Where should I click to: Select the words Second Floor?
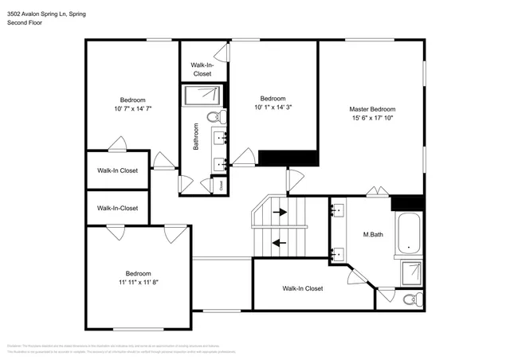pyautogui.click(x=25, y=22)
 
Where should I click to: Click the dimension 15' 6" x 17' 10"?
pyautogui.click(x=372, y=118)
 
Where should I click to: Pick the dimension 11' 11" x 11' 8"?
pyautogui.click(x=138, y=281)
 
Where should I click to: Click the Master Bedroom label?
pyautogui.click(x=372, y=109)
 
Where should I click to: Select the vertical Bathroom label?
pyautogui.click(x=195, y=136)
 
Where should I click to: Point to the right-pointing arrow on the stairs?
pyautogui.click(x=279, y=213)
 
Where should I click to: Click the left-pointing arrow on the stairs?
pyautogui.click(x=279, y=243)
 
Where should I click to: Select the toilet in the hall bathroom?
pyautogui.click(x=214, y=117)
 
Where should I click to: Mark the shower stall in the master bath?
pyautogui.click(x=412, y=273)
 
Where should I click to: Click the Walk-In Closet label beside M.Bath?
pyautogui.click(x=302, y=288)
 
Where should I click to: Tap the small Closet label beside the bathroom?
pyautogui.click(x=222, y=185)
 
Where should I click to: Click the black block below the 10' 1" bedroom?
pyautogui.click(x=277, y=158)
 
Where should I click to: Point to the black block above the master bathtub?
pyautogui.click(x=408, y=203)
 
